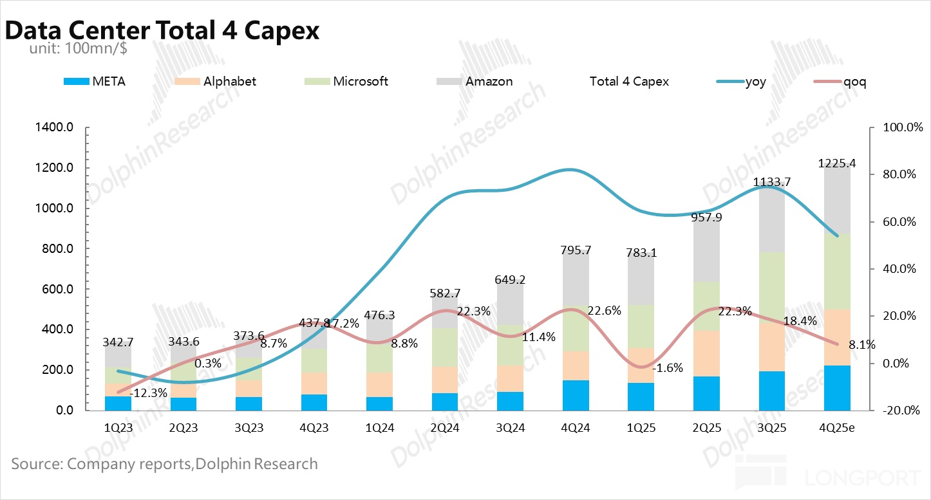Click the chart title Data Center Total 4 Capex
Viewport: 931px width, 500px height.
click(x=162, y=30)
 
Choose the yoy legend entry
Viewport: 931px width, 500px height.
click(x=755, y=82)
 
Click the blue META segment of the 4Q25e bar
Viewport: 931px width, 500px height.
click(x=837, y=387)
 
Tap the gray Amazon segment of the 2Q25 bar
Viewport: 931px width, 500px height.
click(x=706, y=251)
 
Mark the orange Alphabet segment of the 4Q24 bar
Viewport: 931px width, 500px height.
click(x=576, y=366)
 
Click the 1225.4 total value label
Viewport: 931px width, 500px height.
click(x=837, y=163)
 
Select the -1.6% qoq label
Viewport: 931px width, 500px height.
click(x=667, y=369)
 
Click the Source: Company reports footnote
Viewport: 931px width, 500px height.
click(x=164, y=464)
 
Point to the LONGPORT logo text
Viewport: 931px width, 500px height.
click(x=862, y=478)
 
